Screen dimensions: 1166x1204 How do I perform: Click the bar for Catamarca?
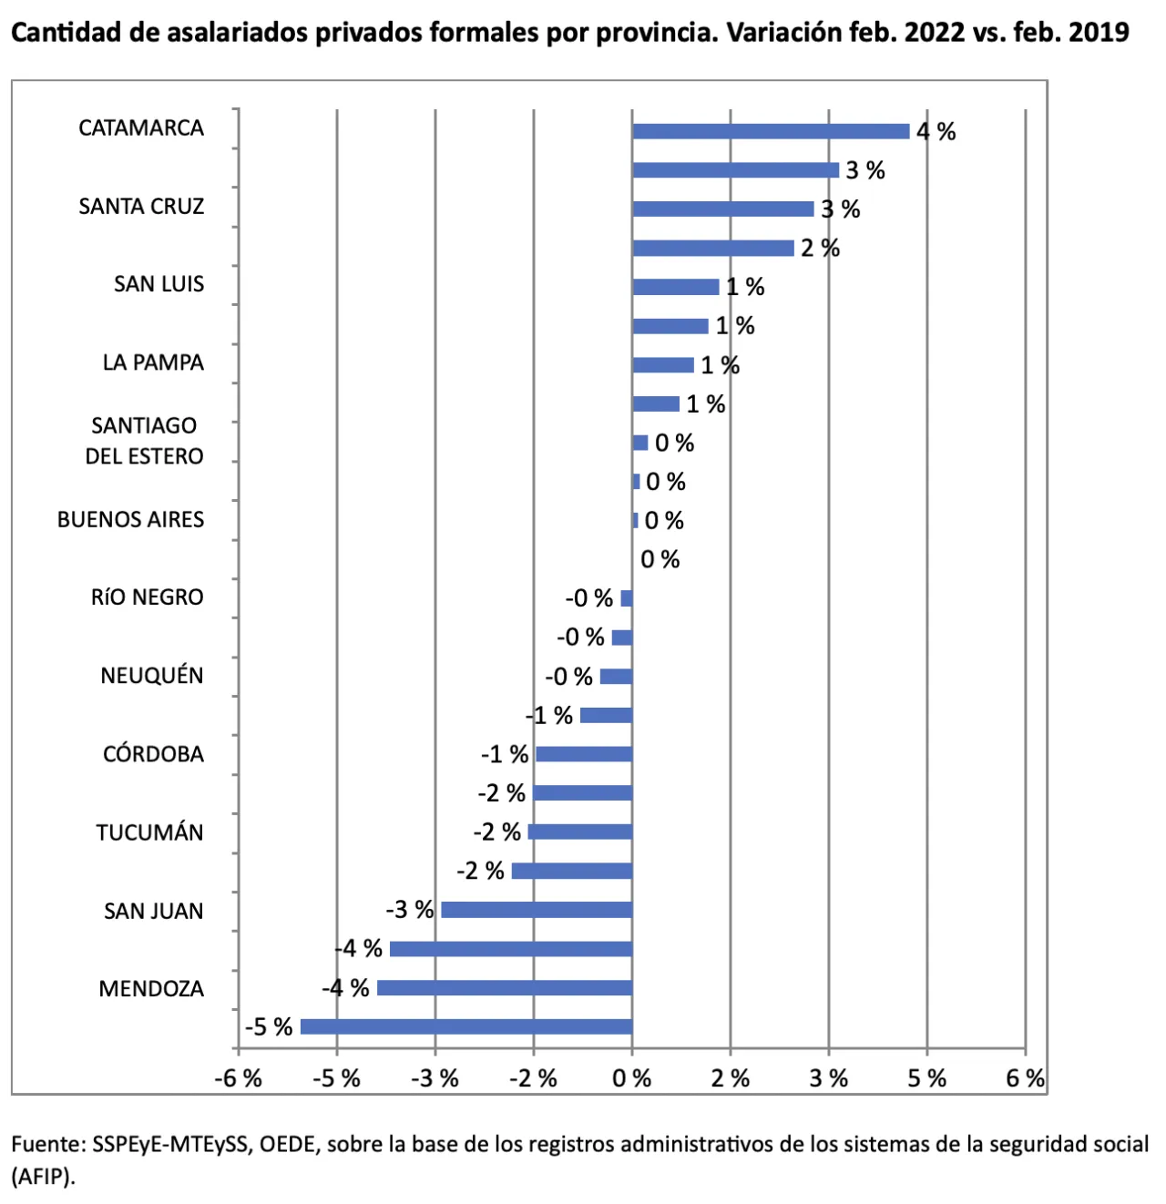coord(771,131)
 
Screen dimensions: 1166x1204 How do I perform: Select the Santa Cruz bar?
coord(723,209)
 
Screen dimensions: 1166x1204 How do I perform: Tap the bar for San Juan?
coord(537,910)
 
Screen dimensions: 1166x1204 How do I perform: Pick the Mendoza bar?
coord(505,987)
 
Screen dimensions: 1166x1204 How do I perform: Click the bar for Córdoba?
coord(584,753)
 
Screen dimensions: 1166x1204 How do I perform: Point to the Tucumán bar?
coord(580,832)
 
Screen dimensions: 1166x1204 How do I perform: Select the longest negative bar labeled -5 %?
coord(466,1026)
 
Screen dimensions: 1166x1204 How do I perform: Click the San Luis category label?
coord(159,284)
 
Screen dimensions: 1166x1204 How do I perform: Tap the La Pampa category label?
coord(153,362)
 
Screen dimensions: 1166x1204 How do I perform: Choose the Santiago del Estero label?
coord(144,441)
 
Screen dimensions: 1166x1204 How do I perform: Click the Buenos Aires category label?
coord(130,519)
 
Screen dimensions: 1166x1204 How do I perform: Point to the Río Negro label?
coord(147,597)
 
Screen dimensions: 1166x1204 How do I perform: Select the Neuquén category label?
coord(151,675)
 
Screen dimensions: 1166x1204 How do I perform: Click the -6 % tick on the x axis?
coord(239,1078)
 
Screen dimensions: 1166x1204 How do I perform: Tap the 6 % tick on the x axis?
coord(1025,1078)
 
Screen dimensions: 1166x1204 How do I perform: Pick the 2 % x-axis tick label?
coord(731,1078)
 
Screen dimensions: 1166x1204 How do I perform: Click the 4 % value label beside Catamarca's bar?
coord(936,131)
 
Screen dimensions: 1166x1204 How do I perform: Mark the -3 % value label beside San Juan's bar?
coord(410,910)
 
